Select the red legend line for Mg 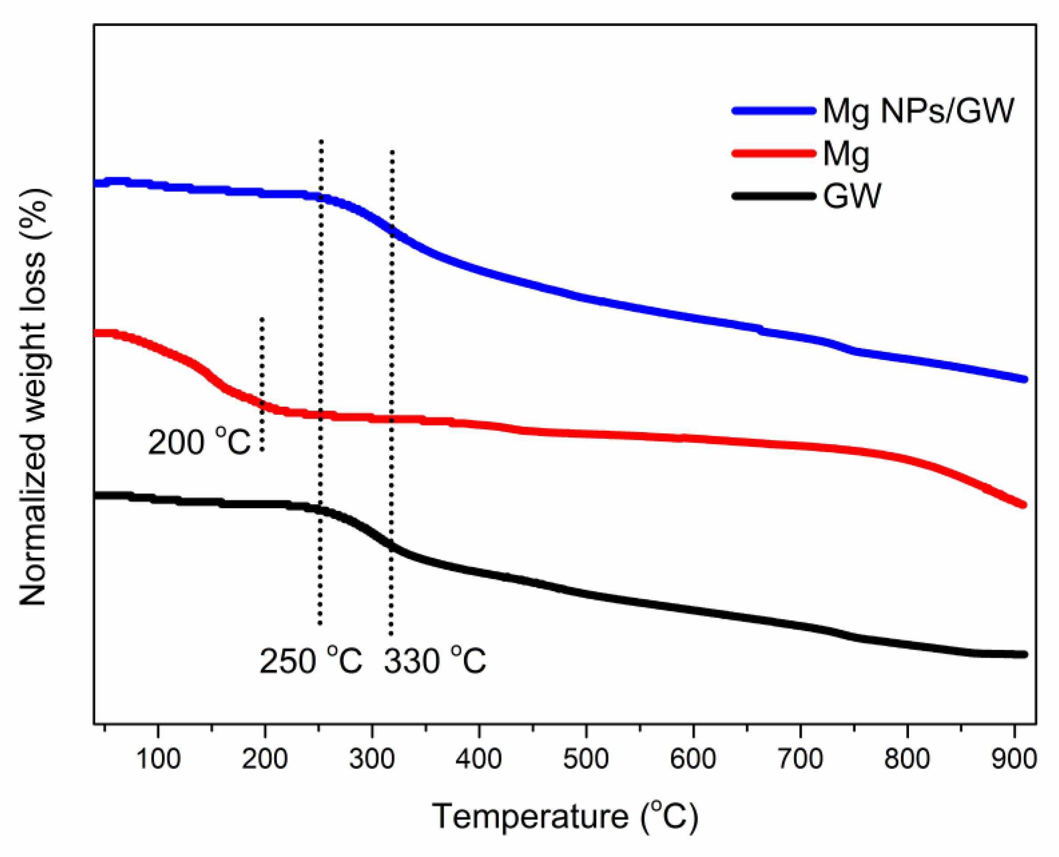(x=774, y=154)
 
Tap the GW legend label (x=852, y=196)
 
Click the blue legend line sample (x=774, y=111)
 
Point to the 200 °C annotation (x=199, y=441)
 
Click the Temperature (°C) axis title (x=566, y=817)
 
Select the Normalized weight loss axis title (x=33, y=397)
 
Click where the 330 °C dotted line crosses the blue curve (x=392, y=230)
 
